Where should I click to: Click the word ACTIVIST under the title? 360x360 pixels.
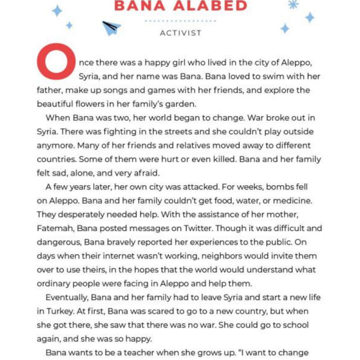click(x=181, y=33)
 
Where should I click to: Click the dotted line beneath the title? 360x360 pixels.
click(x=180, y=21)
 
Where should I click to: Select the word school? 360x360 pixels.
click(x=294, y=325)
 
